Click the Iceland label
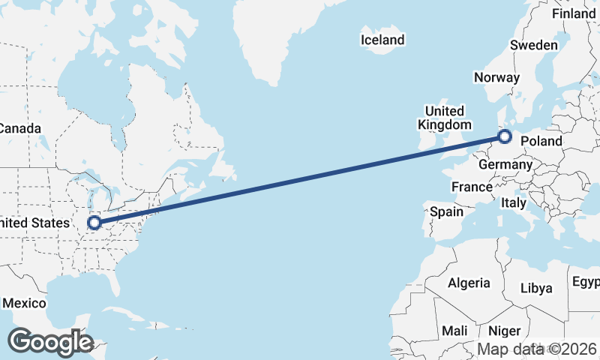coord(382,40)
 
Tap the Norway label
coord(496,77)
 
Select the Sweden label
coord(533,45)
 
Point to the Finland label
coord(573,13)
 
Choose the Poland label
coord(541,141)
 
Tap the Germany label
coord(505,164)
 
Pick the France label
coord(472,186)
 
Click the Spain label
coord(446,211)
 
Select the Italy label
coord(514,202)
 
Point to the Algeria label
coord(469,283)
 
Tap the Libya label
coord(535,288)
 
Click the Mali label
coord(454,331)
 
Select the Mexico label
coord(24,303)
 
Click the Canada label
coord(19,128)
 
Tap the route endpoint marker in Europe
coord(505,136)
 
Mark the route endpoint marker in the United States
coord(94,223)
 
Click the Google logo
coord(50,342)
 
